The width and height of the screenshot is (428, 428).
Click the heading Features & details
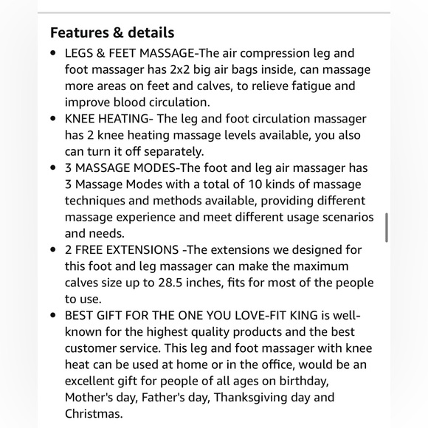[x=112, y=32]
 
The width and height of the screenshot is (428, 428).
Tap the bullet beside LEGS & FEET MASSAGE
[x=53, y=54]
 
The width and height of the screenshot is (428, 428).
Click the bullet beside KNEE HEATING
[x=53, y=119]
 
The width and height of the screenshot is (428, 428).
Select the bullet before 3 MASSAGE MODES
[x=53, y=168]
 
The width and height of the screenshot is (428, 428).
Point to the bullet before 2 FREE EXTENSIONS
[x=53, y=249]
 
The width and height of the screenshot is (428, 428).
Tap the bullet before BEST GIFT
[x=53, y=315]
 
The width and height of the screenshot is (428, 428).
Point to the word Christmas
[x=92, y=414]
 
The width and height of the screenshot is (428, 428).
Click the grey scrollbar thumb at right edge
[x=386, y=227]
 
